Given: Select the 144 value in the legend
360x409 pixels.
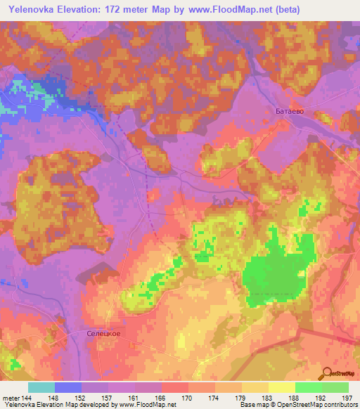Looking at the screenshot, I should (x=27, y=398).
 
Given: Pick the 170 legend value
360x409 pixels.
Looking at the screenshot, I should (x=188, y=398).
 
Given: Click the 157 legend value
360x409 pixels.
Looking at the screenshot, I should (x=108, y=398).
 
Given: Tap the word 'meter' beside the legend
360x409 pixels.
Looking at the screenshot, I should (x=11, y=398).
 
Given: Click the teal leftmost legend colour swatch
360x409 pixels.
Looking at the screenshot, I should (x=41, y=387).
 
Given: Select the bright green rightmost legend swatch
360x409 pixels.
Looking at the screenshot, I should (x=335, y=387).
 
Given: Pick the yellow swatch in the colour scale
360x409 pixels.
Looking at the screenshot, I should (x=282, y=387).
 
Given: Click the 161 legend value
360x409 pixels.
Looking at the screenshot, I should (x=134, y=398).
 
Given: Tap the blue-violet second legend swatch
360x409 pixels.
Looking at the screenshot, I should (x=67, y=387).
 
